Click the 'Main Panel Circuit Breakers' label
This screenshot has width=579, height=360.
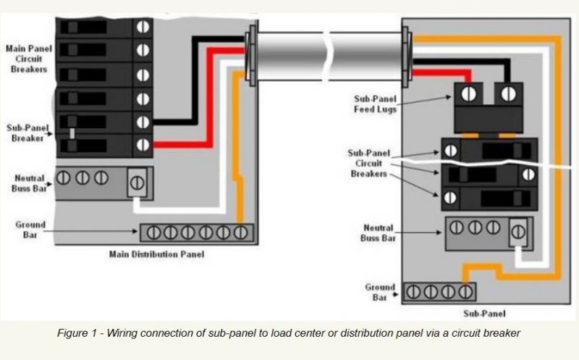coord(29,58)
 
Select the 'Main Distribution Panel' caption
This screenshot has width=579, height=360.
coord(156,254)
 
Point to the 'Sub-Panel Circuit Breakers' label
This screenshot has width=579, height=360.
coord(371,164)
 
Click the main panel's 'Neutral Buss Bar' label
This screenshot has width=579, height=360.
coord(29,182)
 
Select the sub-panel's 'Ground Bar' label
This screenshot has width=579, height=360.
coord(380,292)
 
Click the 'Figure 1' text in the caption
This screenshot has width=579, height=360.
coord(77,332)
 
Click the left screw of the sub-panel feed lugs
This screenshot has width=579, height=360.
coord(468,93)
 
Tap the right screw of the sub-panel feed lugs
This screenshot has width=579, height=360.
coord(509,93)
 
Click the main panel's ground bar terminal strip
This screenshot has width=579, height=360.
coord(196,233)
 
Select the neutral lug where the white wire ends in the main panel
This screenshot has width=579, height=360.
coord(137,181)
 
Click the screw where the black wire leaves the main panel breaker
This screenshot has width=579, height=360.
coord(143,122)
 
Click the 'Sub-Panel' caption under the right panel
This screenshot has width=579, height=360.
coord(484,314)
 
